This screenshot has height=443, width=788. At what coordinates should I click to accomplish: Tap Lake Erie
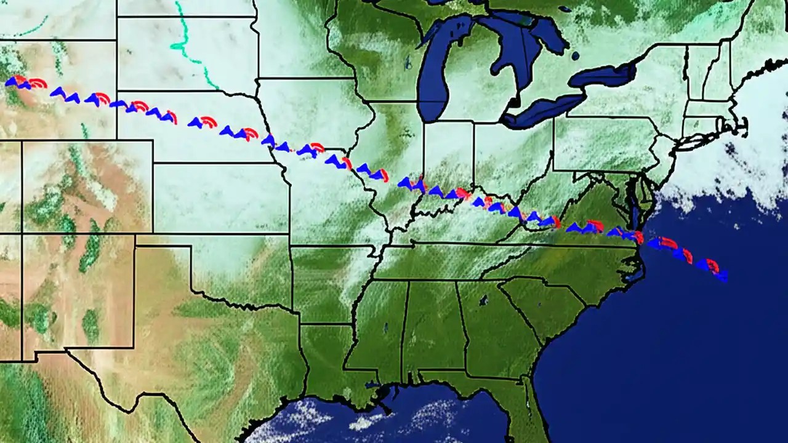point(542,110)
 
